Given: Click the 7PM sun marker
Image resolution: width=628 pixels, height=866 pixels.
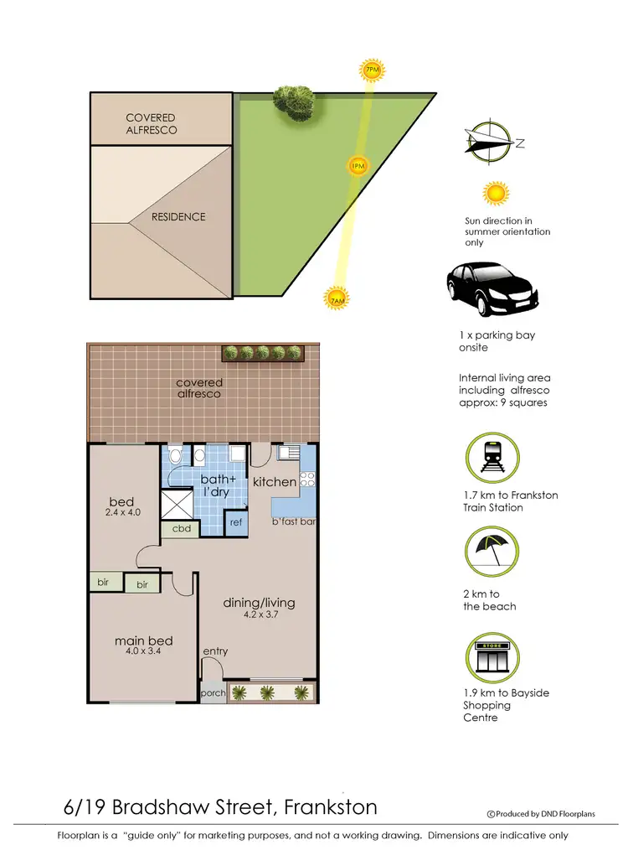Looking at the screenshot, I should (372, 70).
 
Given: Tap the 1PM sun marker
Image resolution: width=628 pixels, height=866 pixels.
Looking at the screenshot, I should (358, 167).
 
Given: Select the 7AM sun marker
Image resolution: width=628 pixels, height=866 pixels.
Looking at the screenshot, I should (337, 298).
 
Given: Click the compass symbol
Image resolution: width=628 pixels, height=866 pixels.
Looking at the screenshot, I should (490, 142).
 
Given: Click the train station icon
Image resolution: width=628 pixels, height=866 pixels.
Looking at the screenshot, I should (489, 456).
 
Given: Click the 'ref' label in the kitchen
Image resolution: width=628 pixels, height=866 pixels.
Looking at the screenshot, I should (236, 521).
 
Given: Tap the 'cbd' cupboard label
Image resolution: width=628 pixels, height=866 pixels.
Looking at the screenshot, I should (181, 530).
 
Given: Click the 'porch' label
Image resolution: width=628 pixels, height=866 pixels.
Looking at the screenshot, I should (214, 694).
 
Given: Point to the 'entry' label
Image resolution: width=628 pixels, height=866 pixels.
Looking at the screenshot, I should (215, 651).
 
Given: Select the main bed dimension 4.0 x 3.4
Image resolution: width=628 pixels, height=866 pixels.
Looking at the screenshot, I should (143, 654).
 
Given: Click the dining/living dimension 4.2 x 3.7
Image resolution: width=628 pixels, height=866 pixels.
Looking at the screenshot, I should (259, 614).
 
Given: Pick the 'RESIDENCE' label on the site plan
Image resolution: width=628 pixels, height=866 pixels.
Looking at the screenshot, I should (178, 217).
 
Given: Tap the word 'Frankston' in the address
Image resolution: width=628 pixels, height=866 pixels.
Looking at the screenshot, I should (331, 807).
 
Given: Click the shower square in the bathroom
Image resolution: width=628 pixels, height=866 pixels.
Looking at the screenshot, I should (178, 505).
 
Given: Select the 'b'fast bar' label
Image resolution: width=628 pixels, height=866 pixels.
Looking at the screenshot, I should (291, 521).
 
